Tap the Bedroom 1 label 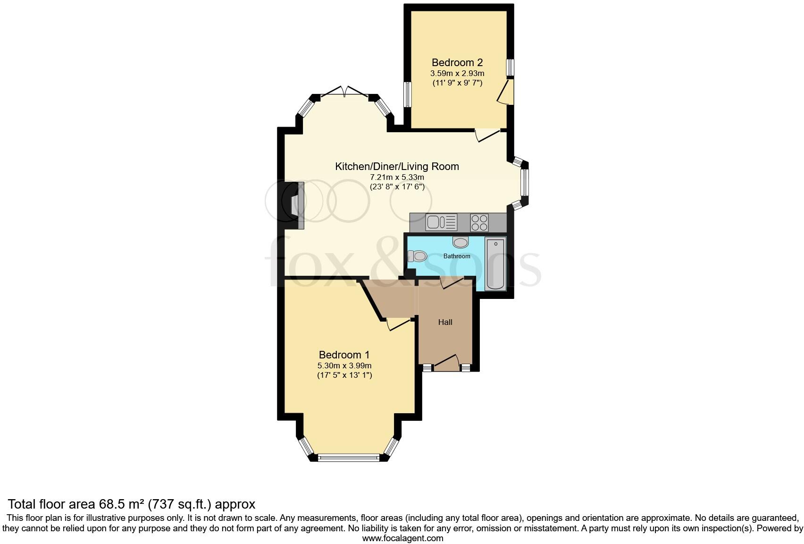click(344, 355)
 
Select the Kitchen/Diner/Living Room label click(397, 166)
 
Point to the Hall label click(445, 322)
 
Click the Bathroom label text click(457, 256)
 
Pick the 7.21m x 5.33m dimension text click(397, 177)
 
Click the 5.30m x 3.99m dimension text click(344, 365)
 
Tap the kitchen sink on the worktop click(441, 222)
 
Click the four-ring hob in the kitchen click(479, 222)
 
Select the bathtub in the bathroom click(495, 264)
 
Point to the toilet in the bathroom click(417, 256)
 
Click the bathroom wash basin click(461, 242)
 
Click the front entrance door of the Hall click(446, 364)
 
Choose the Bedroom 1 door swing click(398, 324)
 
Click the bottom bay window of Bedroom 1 click(348, 457)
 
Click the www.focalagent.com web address click(402, 538)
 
